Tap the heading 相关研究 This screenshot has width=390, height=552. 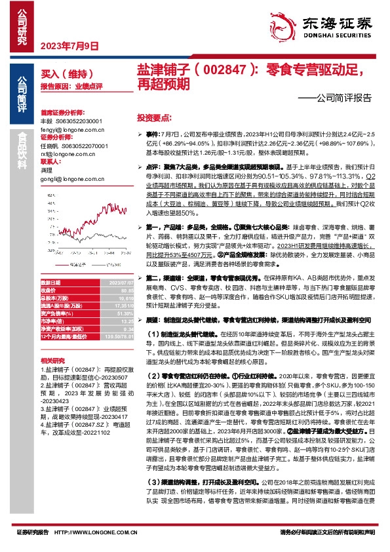coord(52,361)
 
